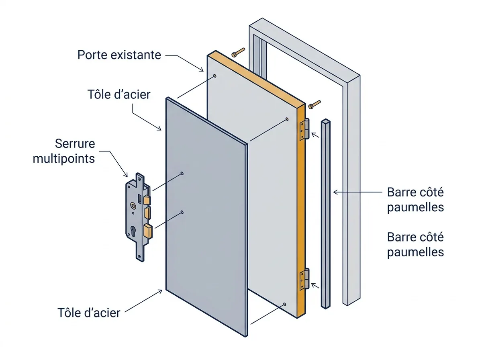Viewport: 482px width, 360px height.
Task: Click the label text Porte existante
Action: click(x=119, y=55)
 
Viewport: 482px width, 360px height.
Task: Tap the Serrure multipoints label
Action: click(x=64, y=151)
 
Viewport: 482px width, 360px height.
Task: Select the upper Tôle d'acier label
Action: click(x=119, y=95)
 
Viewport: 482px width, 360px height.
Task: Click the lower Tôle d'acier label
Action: click(x=89, y=313)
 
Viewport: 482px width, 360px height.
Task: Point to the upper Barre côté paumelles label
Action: click(x=415, y=200)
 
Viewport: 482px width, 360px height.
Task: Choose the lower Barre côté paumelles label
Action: click(x=415, y=245)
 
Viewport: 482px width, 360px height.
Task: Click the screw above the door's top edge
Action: click(x=238, y=52)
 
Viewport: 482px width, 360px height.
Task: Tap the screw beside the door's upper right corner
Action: click(x=315, y=104)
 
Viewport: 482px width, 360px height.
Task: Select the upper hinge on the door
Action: click(x=305, y=129)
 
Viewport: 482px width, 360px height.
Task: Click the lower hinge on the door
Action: click(x=305, y=279)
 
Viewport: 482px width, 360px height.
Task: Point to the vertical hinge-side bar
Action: click(x=326, y=214)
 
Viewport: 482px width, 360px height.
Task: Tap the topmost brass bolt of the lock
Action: click(x=147, y=200)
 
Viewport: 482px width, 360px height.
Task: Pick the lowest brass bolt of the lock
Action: click(x=148, y=231)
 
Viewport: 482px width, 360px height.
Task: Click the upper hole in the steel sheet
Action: click(x=182, y=174)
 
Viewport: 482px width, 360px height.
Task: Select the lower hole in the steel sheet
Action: click(x=182, y=212)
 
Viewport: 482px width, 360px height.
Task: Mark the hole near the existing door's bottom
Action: click(x=285, y=304)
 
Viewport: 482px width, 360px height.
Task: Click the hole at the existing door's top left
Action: click(x=215, y=76)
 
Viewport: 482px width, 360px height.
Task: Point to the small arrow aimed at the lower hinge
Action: click(x=315, y=286)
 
